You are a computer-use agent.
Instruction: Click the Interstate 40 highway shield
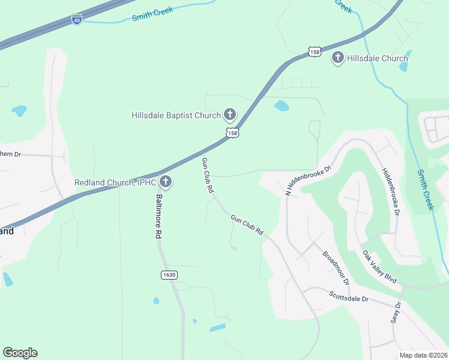[x=76, y=20]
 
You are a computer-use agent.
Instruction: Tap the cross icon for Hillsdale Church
[x=337, y=58]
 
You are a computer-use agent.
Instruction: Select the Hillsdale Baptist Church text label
[x=176, y=115]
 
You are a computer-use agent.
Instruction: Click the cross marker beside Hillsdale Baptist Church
[x=229, y=114]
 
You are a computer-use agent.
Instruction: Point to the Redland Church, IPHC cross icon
[x=165, y=182]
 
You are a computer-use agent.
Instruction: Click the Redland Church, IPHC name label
[x=115, y=182]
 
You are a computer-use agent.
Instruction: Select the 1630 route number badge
[x=169, y=274]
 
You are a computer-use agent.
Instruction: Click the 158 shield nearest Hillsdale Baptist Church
[x=233, y=133]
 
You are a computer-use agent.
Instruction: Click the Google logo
[x=20, y=353]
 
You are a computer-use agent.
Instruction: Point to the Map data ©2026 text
[x=423, y=355]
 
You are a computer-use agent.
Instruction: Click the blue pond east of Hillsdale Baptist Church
[x=281, y=107]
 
